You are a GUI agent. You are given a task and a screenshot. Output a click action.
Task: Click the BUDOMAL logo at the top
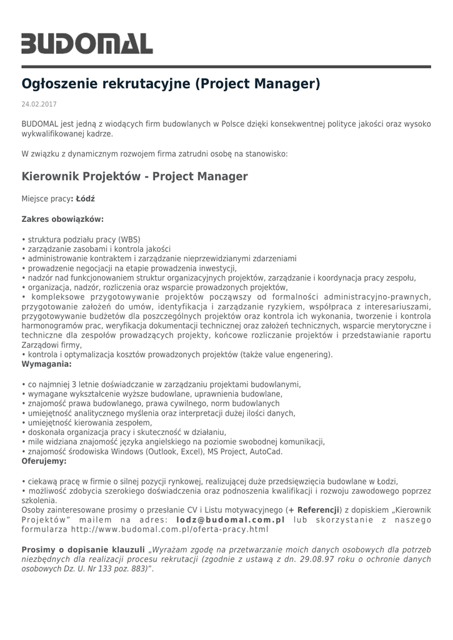87,43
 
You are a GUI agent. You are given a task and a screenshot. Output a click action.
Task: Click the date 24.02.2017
39,104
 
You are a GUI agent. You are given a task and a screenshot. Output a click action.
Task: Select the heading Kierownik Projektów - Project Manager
135,176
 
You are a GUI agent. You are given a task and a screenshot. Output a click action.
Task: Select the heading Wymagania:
46,363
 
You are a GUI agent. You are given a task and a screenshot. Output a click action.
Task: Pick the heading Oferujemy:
44,461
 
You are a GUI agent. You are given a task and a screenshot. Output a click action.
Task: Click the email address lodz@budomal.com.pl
231,519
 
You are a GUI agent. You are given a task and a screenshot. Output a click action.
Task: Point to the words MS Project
227,451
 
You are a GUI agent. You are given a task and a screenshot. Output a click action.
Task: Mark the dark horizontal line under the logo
226,66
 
